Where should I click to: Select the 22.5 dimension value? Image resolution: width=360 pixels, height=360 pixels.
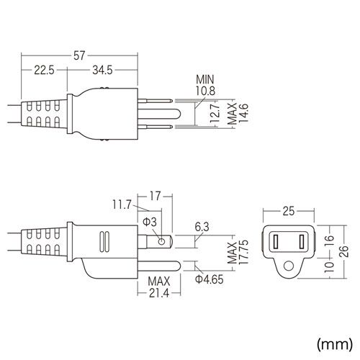(43, 70)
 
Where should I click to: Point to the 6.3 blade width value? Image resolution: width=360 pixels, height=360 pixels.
(202, 226)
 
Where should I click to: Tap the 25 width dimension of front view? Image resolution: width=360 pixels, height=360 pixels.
(288, 211)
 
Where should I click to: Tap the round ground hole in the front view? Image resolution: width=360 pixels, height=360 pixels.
(288, 266)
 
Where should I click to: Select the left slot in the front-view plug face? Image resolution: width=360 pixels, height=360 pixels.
(276, 240)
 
